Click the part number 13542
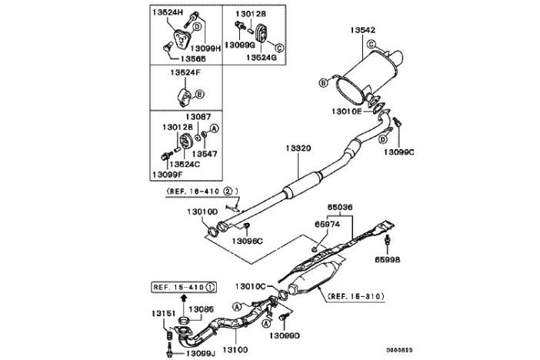pos(363,30)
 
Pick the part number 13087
pos(198,116)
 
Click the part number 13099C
pos(399,152)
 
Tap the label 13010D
pos(202,211)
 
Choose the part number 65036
pos(341,207)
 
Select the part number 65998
pos(392,262)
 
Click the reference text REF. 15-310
pos(355,295)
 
